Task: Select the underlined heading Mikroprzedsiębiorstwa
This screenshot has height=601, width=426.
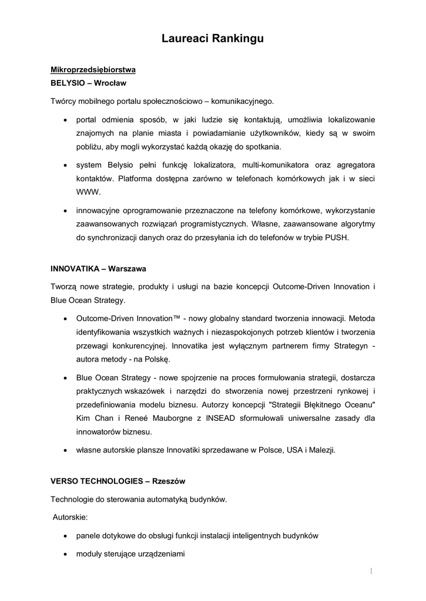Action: (93, 70)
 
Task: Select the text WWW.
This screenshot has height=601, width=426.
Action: (89, 191)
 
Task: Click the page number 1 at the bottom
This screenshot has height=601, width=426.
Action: (373, 570)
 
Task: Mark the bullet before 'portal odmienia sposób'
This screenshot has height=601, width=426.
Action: (64, 120)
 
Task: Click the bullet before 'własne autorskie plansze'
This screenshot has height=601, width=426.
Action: (64, 450)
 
